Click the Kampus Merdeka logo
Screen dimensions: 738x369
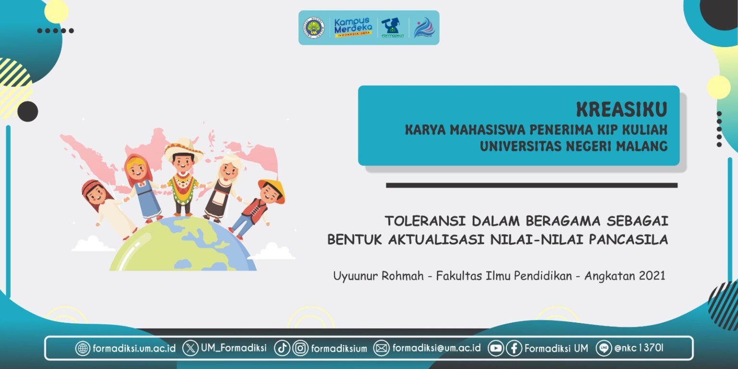[353, 27]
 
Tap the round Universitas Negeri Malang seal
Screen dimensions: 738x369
[313, 28]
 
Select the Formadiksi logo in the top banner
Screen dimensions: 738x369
[393, 28]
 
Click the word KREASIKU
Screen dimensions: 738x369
[622, 110]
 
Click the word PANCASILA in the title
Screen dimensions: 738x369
[628, 240]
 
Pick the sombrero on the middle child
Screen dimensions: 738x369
[184, 148]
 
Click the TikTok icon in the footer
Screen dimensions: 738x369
[282, 348]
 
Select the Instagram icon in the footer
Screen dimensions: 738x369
[300, 348]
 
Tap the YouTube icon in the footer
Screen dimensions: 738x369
[496, 348]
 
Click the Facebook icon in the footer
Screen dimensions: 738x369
[514, 348]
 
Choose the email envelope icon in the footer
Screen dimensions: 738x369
[381, 348]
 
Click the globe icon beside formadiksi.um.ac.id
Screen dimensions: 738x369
[83, 348]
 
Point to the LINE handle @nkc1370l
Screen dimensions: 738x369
[639, 348]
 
